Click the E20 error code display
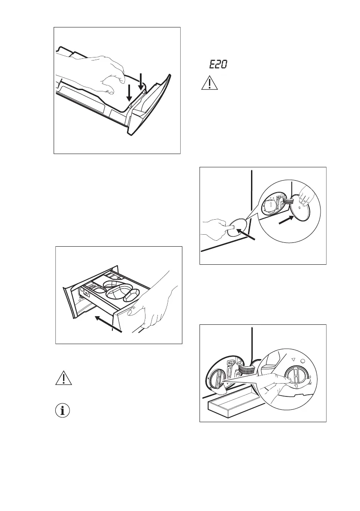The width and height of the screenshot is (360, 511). (218, 65)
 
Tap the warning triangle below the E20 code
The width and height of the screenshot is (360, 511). (209, 82)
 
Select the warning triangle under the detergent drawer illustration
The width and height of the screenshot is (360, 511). (64, 378)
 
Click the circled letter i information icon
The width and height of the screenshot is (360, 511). (64, 411)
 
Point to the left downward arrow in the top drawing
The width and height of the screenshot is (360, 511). (129, 93)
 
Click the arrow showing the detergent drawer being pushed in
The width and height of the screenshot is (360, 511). (109, 324)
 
